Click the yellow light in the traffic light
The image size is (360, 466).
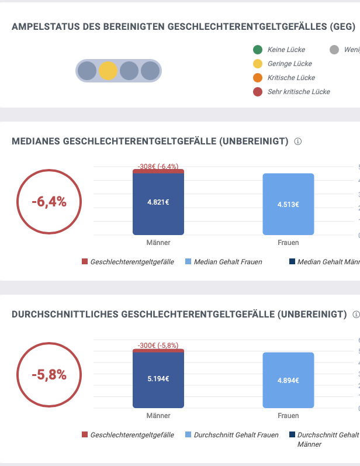point(108,71)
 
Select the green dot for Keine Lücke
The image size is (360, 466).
point(257,50)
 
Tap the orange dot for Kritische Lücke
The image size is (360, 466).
point(257,78)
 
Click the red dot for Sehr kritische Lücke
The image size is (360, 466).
point(257,92)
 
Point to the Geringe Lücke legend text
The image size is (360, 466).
point(289,64)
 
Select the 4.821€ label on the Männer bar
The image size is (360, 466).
point(158,202)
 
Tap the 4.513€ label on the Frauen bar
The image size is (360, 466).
point(288,204)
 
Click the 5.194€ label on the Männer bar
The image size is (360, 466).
point(158,378)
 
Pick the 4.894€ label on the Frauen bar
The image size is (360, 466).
point(288,380)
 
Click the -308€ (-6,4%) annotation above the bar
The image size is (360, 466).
point(158,167)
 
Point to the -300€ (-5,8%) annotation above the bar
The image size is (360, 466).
point(158,346)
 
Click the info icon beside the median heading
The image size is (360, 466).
point(297,141)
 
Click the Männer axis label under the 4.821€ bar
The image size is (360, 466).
point(158,243)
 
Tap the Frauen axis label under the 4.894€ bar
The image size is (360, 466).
point(288,416)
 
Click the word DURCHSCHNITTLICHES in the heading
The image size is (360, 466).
point(65,315)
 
